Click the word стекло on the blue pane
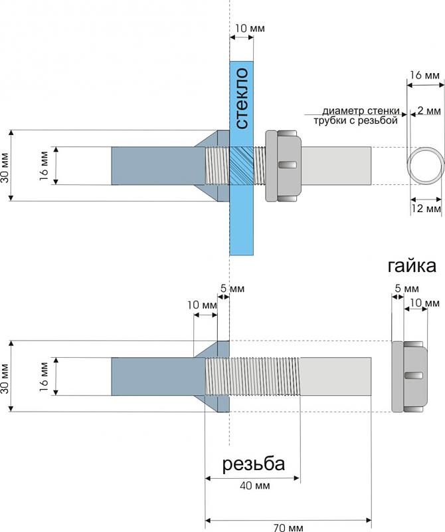pyautogui.click(x=241, y=98)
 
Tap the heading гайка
pyautogui.click(x=411, y=267)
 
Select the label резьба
pyautogui.click(x=253, y=464)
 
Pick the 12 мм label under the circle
pyautogui.click(x=426, y=209)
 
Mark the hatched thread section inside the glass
pyautogui.click(x=241, y=166)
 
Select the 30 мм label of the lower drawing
pyautogui.click(x=7, y=376)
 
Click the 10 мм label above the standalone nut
pyautogui.click(x=424, y=303)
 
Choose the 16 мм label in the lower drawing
pyautogui.click(x=44, y=376)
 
